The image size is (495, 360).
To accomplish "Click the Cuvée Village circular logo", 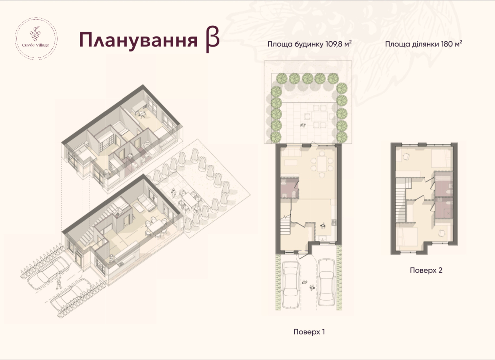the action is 36,39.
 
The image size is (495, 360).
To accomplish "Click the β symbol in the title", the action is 212,40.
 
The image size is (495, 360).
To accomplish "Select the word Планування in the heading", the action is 138,40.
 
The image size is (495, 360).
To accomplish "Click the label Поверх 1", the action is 309,332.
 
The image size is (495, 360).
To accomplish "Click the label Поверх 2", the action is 426,270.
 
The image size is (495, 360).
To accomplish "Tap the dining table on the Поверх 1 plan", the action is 322,164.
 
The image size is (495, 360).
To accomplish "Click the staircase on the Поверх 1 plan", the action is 285,225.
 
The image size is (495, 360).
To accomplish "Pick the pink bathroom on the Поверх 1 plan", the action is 289,188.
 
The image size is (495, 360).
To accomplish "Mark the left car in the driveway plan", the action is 291,285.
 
